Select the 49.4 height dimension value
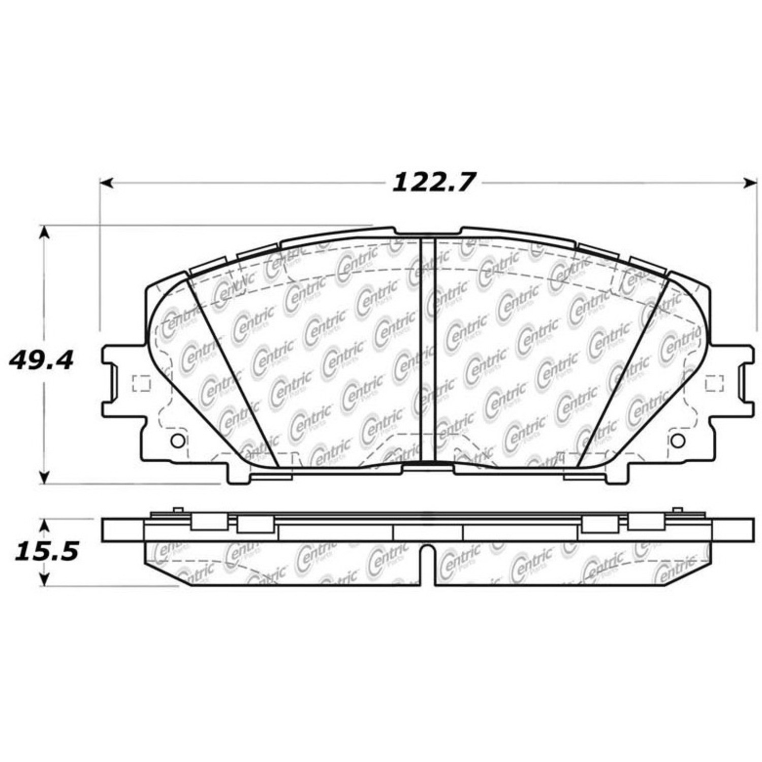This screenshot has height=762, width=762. [x=41, y=360]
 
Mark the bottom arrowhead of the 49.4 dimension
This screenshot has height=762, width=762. [x=45, y=477]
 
